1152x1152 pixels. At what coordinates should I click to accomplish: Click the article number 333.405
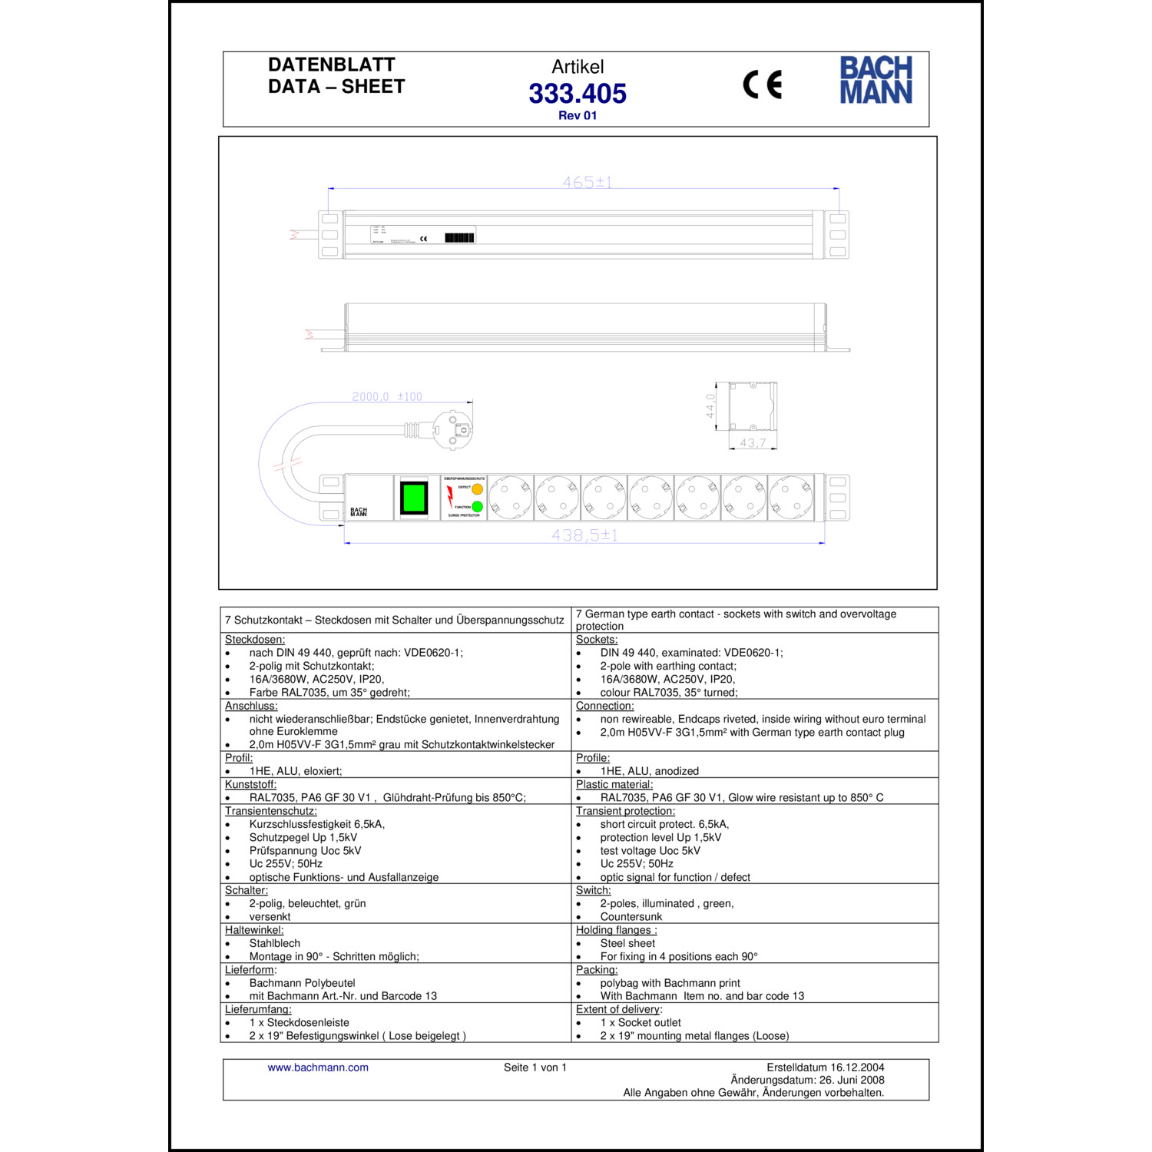tap(578, 94)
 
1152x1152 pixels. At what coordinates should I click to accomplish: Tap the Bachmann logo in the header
tap(876, 80)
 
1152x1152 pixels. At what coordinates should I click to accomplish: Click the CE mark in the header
tap(763, 84)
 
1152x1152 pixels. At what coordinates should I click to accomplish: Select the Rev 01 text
tap(578, 116)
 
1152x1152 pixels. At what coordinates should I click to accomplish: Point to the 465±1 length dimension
tap(587, 182)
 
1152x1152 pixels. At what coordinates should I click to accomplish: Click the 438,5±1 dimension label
tap(584, 535)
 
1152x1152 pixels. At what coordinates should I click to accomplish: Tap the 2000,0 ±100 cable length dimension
tap(387, 396)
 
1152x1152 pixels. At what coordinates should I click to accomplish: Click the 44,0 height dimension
tap(710, 406)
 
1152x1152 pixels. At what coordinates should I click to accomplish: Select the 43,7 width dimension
tap(753, 443)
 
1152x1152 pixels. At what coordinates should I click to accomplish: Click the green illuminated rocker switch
tap(414, 498)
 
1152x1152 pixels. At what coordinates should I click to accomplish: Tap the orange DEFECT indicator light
tap(477, 488)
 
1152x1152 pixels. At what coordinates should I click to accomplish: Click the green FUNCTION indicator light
tap(477, 507)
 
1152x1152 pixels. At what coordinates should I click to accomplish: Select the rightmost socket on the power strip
tap(791, 497)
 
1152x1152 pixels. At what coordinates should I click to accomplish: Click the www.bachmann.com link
tap(318, 1068)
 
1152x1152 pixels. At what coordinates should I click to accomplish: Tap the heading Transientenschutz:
tap(270, 811)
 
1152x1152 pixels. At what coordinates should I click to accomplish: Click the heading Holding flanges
tap(616, 930)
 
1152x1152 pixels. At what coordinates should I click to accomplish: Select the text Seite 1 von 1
tap(535, 1068)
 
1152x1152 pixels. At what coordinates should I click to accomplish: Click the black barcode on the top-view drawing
tap(459, 237)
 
